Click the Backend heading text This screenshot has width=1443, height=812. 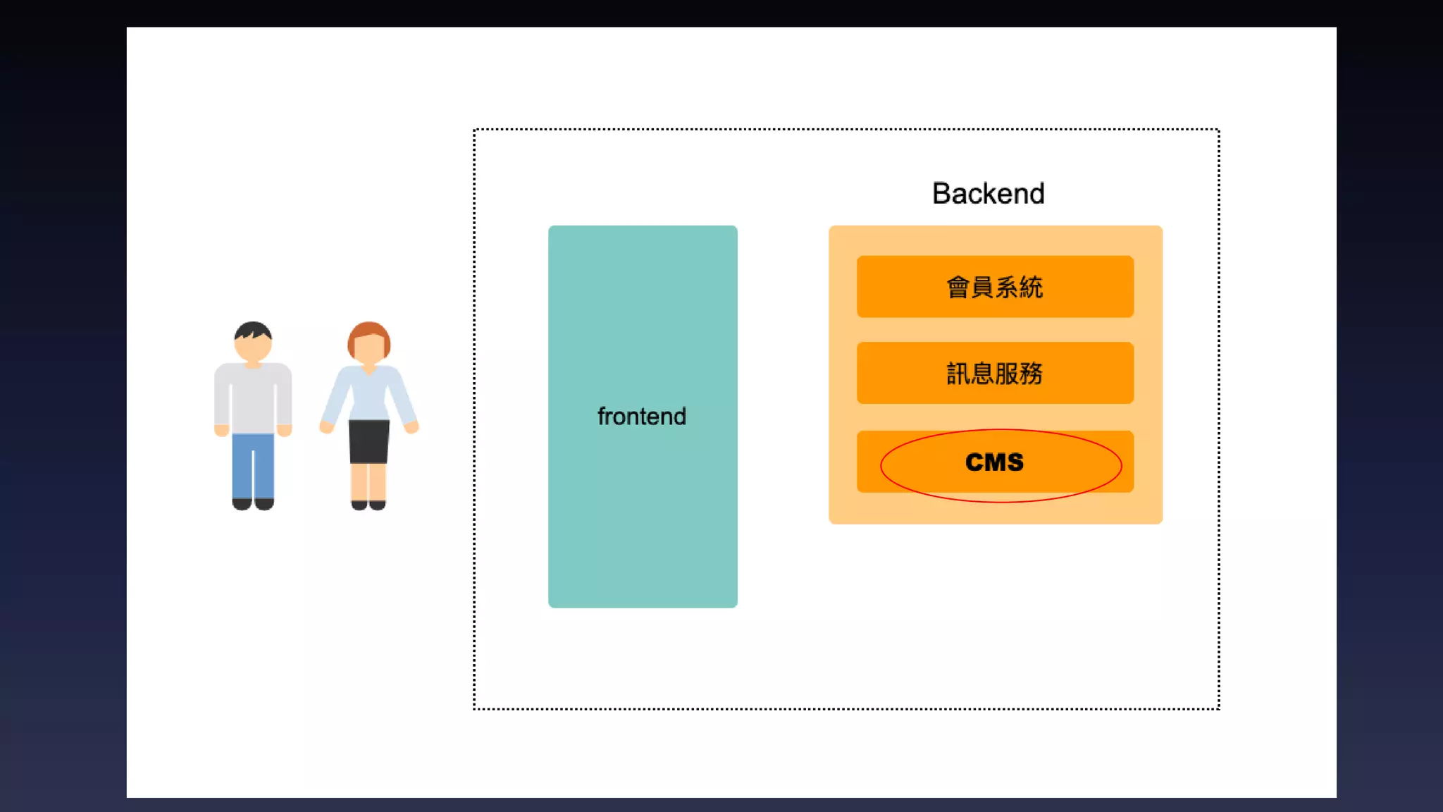(988, 194)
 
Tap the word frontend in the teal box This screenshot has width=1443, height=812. (641, 417)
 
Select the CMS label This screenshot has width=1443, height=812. (994, 462)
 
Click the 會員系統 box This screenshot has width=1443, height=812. (995, 287)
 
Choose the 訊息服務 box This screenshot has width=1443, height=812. (995, 373)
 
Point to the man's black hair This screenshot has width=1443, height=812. (253, 328)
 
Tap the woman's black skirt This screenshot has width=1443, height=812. (369, 441)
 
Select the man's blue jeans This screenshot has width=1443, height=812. (253, 465)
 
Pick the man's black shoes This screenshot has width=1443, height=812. (253, 503)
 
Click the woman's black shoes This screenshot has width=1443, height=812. (369, 504)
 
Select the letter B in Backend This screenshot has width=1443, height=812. (942, 194)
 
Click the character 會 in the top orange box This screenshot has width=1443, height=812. (958, 288)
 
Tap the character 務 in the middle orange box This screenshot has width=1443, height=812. (1031, 374)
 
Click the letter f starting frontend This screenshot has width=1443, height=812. (601, 417)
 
